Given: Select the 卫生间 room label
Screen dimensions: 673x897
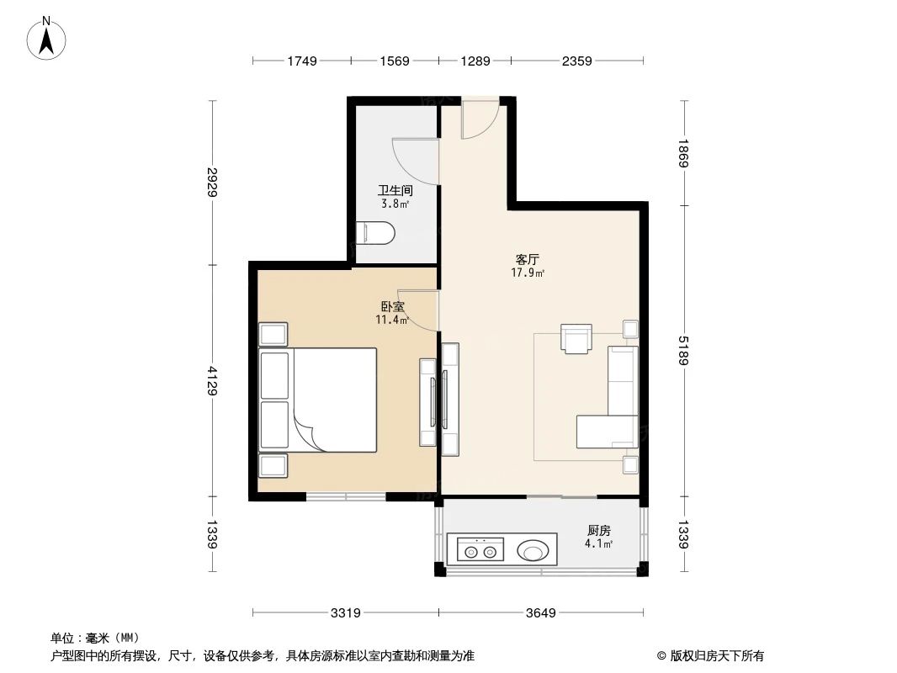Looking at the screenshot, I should point(394,190).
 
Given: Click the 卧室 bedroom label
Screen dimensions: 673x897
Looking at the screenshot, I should point(393,306).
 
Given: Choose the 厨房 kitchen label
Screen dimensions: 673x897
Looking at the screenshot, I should point(598,530).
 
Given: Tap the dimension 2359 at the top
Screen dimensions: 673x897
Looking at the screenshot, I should point(577,61).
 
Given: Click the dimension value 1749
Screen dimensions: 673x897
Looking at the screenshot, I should point(301,61).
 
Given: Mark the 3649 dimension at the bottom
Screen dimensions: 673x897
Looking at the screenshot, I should point(540,612).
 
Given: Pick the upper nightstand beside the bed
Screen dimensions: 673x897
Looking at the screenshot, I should point(273,334).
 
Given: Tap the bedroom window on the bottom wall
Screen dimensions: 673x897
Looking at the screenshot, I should point(345,496).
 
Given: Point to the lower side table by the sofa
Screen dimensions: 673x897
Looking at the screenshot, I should point(629,463).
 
